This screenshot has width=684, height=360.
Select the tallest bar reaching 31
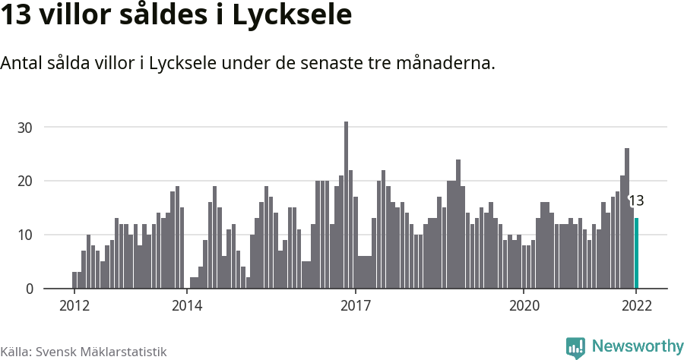(x=347, y=205)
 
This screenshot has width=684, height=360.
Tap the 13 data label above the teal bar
(x=636, y=201)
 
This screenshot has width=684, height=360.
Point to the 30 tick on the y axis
(x=26, y=127)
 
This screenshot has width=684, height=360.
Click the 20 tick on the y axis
(x=26, y=181)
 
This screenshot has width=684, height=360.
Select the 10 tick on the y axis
(x=26, y=235)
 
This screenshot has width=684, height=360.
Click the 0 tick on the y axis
(x=29, y=289)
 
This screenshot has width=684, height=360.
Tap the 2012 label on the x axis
(x=74, y=306)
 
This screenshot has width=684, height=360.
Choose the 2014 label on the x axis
(x=186, y=306)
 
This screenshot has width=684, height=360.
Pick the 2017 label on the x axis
(x=355, y=306)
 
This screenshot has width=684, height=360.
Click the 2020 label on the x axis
(x=524, y=306)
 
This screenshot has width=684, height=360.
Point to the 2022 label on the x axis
(x=636, y=306)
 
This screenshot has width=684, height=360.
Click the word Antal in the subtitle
(x=21, y=63)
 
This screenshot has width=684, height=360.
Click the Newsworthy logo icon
(x=575, y=347)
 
